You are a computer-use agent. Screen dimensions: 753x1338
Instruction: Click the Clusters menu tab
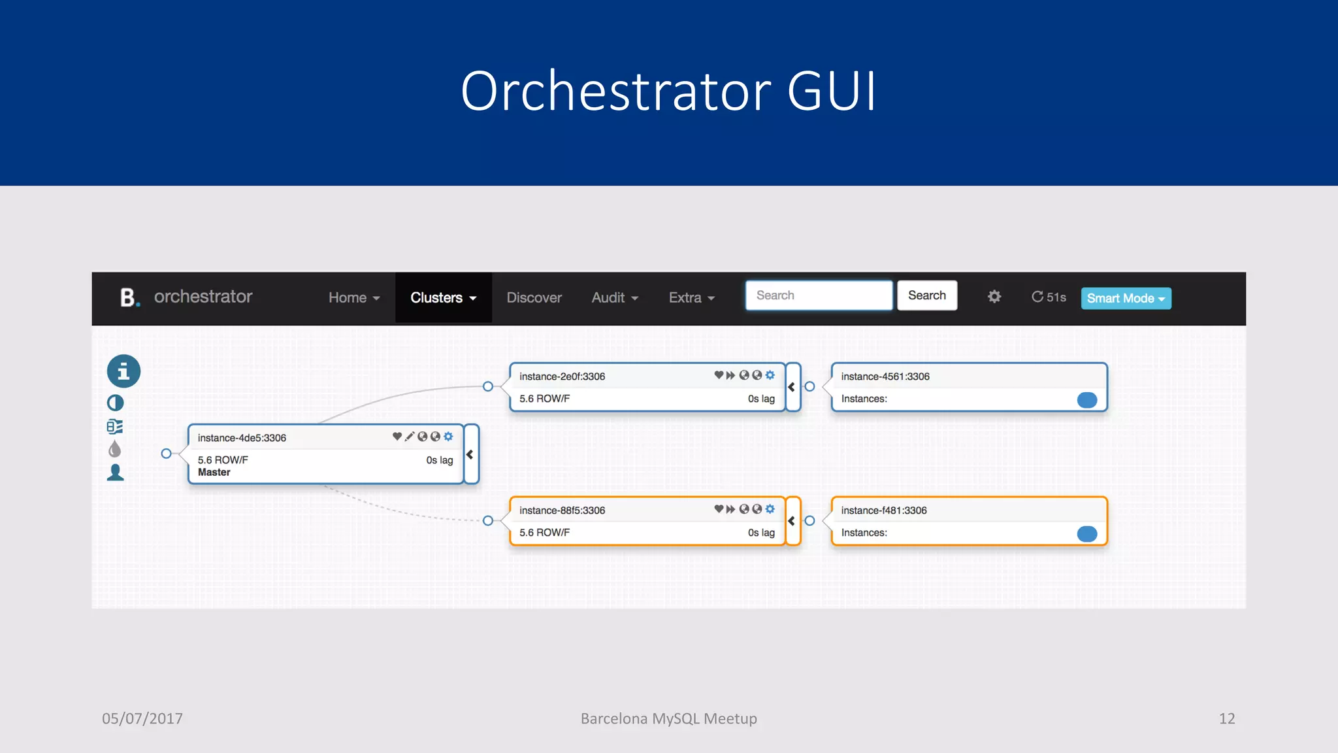[443, 298]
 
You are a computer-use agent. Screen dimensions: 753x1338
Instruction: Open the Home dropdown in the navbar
[353, 298]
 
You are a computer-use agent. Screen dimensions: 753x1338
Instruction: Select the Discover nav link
[534, 298]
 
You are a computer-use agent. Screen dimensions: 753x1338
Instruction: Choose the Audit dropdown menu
[614, 298]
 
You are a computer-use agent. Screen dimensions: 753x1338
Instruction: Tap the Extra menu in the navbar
[691, 298]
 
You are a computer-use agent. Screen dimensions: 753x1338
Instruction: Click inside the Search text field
[819, 295]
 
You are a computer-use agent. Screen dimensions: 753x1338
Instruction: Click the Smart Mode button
[1126, 299]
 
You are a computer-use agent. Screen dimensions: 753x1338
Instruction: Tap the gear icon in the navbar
[994, 297]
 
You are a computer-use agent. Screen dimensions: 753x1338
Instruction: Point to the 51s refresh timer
[1049, 297]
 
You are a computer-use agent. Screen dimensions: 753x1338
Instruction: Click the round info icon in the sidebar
[123, 371]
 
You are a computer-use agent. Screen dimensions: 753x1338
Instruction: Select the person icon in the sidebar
[116, 473]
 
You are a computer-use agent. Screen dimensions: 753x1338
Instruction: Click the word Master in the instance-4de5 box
[214, 473]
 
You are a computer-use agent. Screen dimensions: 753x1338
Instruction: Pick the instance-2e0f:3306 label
[562, 376]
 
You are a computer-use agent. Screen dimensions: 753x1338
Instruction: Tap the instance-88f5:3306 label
[562, 510]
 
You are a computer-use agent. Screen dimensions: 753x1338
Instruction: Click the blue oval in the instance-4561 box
[1086, 400]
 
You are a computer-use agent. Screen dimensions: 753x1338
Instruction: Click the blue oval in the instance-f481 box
[1086, 534]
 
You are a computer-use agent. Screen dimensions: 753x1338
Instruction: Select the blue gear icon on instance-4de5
[448, 437]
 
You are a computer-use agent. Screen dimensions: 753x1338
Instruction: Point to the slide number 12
[1226, 719]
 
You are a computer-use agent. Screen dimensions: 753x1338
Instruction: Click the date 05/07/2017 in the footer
[142, 719]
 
